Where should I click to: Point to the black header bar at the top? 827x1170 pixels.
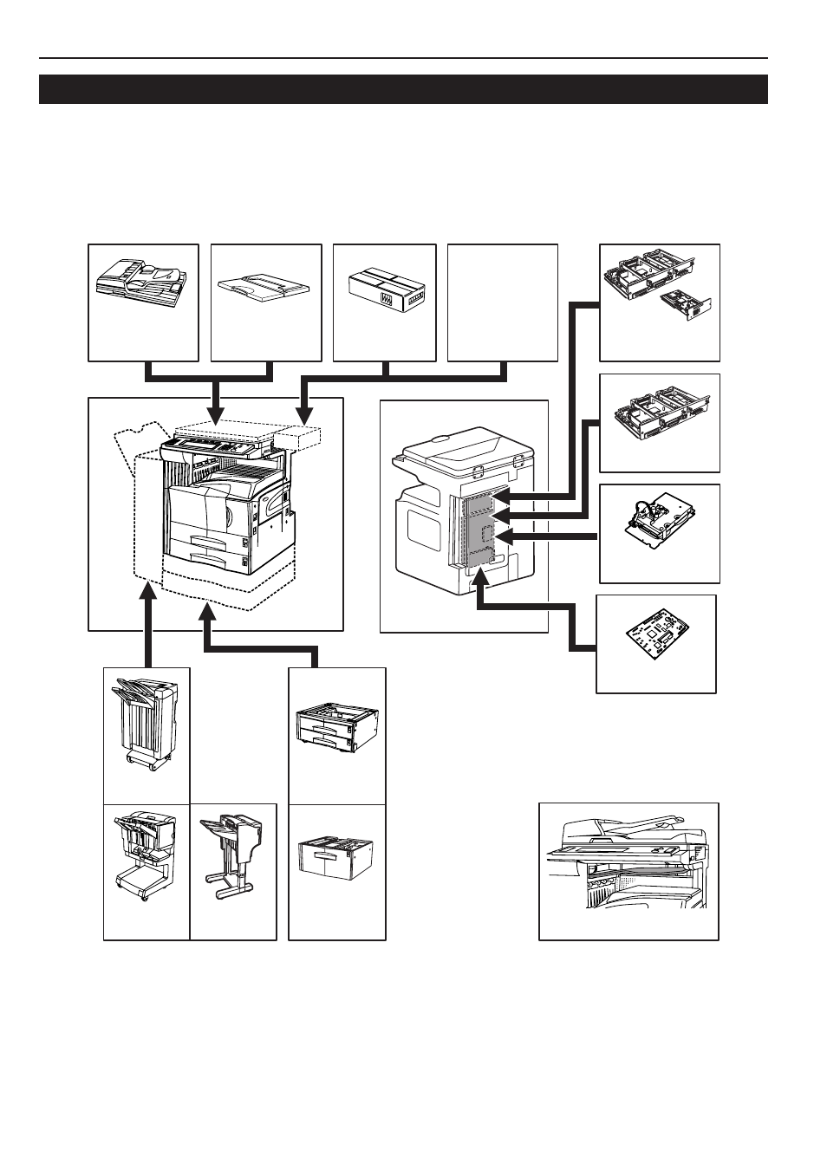(x=403, y=89)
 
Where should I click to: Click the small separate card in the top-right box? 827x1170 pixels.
(x=685, y=306)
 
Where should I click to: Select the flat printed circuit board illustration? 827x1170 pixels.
(x=656, y=641)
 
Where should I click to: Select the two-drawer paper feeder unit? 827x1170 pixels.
(x=335, y=727)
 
